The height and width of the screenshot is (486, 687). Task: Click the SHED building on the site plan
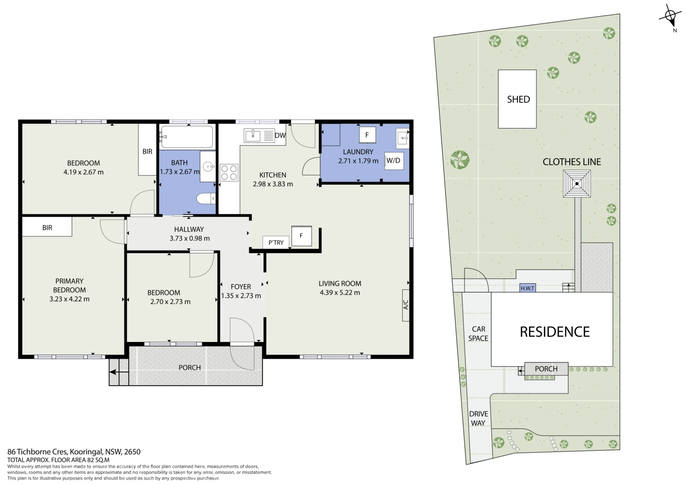[x=517, y=99]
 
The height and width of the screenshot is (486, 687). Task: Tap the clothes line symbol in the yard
[x=577, y=184]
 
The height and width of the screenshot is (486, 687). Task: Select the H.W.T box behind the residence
[x=528, y=288]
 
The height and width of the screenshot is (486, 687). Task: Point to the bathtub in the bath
[x=187, y=137]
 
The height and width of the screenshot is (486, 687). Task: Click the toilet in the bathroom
[x=206, y=198]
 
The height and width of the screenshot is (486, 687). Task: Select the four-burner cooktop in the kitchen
[x=229, y=173]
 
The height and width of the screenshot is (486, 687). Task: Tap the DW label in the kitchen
[x=280, y=135]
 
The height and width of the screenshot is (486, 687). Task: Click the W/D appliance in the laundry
[x=394, y=161]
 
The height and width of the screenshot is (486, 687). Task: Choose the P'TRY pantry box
[x=276, y=242]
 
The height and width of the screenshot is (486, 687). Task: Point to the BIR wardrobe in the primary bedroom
[x=47, y=227]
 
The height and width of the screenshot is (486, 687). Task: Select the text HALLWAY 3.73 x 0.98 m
[x=189, y=234]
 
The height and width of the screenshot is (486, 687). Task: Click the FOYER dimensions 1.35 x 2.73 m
[x=241, y=296]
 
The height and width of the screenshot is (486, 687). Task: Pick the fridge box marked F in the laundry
[x=367, y=135]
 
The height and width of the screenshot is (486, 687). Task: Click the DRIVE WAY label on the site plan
[x=478, y=418]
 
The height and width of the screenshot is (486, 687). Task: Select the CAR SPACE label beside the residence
[x=478, y=334]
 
